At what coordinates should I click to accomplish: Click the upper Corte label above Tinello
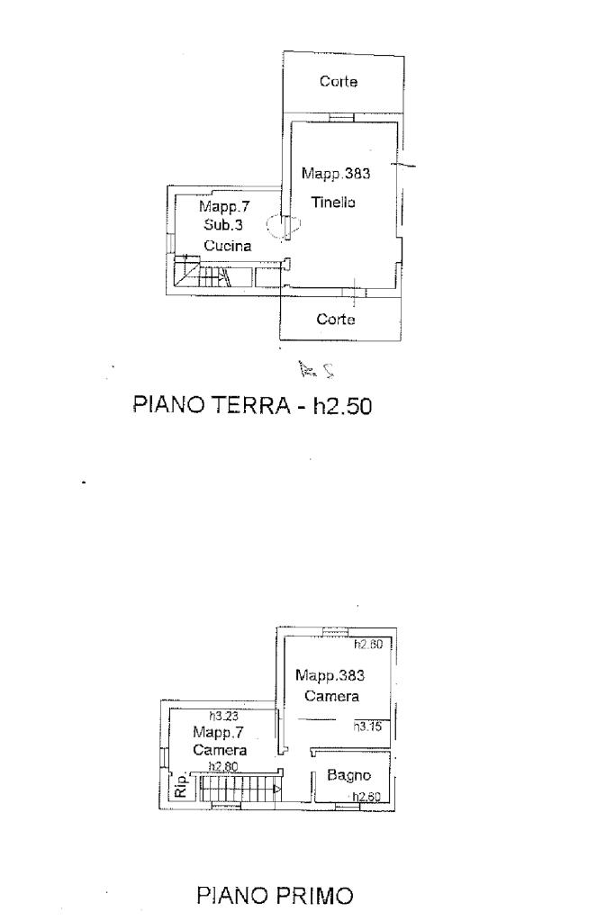tap(339, 82)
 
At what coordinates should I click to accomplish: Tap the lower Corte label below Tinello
tap(337, 320)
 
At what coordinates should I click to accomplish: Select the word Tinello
tap(333, 203)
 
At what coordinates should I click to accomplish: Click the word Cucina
tap(226, 245)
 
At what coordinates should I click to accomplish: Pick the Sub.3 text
tap(223, 225)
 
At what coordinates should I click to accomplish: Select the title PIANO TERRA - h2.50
tap(252, 406)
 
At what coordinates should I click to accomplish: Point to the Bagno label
tap(348, 774)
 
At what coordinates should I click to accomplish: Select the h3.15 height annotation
tap(368, 727)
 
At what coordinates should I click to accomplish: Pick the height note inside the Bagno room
tap(368, 796)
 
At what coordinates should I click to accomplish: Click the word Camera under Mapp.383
tap(331, 696)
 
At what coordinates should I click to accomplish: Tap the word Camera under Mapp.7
tap(220, 750)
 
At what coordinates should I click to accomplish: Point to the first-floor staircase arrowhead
tap(276, 790)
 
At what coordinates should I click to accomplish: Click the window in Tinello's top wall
tap(341, 117)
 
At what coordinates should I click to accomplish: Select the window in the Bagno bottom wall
tap(346, 806)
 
